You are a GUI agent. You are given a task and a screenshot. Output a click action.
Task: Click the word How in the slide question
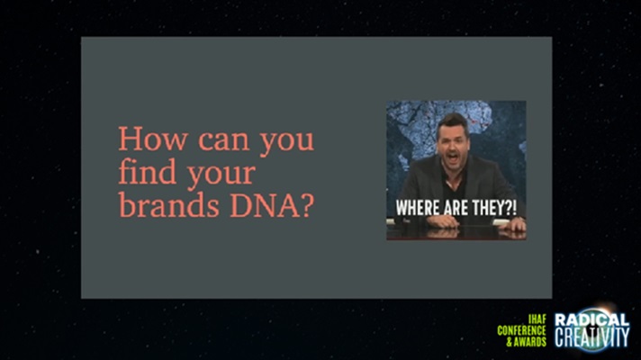(153, 139)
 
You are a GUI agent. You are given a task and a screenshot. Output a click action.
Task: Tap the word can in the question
(223, 141)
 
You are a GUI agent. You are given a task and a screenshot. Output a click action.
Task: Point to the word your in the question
(221, 176)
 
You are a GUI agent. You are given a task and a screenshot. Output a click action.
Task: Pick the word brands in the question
(169, 204)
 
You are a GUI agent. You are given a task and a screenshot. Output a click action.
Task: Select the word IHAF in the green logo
(537, 319)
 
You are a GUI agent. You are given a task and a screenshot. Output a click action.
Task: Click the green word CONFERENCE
(521, 330)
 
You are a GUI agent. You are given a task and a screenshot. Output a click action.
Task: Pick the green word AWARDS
(529, 342)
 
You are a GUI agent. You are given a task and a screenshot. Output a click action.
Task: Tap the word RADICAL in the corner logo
(591, 319)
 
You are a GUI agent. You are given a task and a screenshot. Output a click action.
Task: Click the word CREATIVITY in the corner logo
(591, 337)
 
